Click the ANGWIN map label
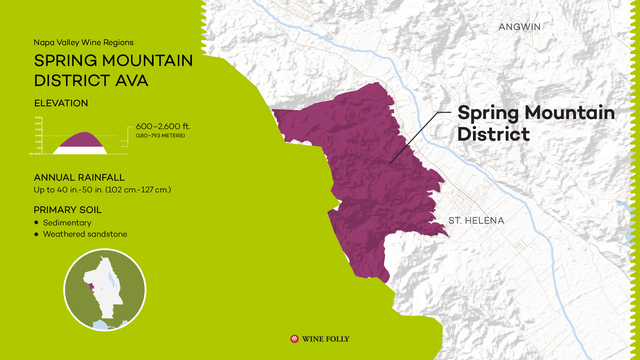519,27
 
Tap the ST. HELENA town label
476,221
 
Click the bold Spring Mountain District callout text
536,123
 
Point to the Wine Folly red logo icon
294,339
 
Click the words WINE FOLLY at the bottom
325,339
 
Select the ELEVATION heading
61,103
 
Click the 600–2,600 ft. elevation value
163,127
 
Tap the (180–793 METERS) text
160,136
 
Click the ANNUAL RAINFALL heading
79,178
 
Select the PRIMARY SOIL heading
68,210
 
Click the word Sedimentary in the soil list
67,223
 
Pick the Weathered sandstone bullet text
85,234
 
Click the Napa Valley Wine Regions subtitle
84,43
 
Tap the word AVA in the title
132,81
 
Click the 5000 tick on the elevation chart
38,118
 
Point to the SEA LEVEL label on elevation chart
35,154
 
